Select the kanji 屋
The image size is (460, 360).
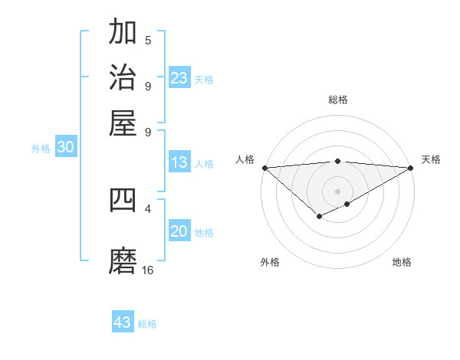123,122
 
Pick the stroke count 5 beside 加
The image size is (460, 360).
148,41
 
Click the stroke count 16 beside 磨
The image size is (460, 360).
148,270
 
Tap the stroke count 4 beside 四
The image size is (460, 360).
148,208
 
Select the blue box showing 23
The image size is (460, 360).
179,78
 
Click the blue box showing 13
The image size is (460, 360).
179,162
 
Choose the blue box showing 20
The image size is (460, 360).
179,232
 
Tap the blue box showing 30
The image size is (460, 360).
65,149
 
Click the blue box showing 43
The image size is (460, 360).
123,322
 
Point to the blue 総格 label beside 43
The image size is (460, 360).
148,324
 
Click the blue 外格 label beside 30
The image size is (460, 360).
41,149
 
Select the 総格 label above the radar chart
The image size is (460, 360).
338,100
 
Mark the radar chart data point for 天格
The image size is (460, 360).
411,168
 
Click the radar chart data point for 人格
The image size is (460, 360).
264,168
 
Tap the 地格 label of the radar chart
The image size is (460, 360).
402,262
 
